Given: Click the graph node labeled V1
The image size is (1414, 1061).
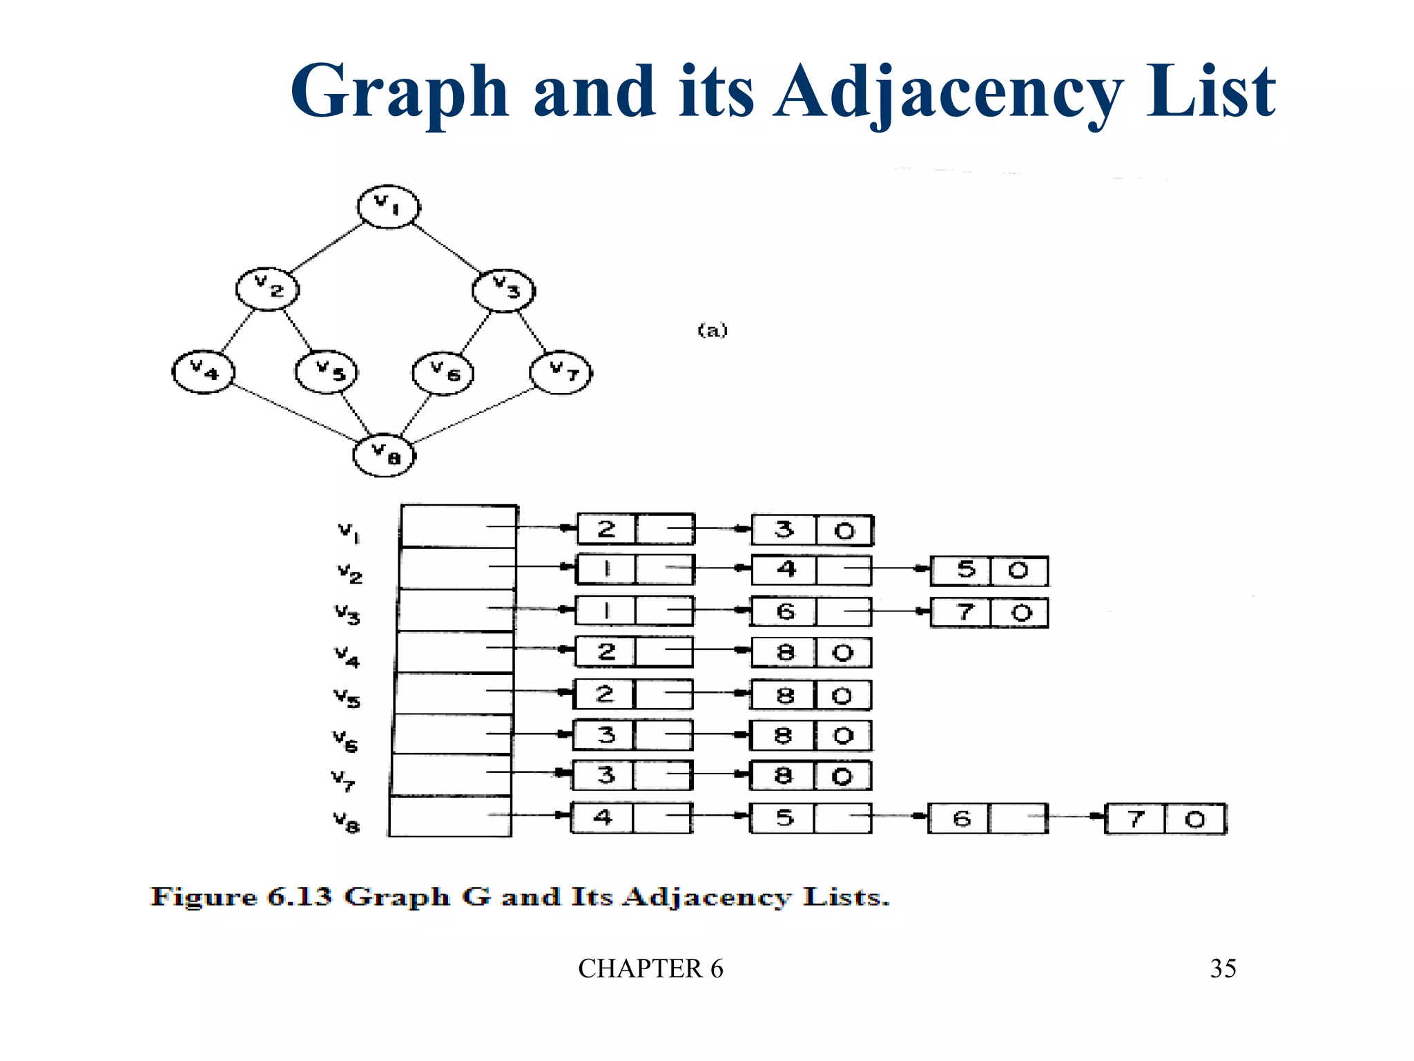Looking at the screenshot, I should (x=388, y=206).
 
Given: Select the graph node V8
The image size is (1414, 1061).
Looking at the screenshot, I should (x=385, y=455).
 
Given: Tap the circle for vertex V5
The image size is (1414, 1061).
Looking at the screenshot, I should (x=326, y=372).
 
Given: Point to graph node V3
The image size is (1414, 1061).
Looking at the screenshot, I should (x=504, y=290).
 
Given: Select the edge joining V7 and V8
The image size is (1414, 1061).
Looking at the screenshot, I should (x=473, y=416).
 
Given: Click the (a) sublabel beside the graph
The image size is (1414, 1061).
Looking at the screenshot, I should (x=713, y=330).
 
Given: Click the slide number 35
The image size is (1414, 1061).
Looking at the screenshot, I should (x=1223, y=968).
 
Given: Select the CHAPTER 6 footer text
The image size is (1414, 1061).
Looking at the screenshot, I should (x=650, y=968).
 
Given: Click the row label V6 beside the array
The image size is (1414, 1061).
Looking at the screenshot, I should (x=345, y=740).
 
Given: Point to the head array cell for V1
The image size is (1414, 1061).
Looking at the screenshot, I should (x=458, y=526).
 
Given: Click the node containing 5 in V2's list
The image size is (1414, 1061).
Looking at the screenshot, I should (x=989, y=571).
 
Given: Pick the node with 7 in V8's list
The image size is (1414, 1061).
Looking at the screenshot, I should (x=1165, y=819).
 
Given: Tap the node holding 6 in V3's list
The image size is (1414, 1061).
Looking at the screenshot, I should (x=811, y=611).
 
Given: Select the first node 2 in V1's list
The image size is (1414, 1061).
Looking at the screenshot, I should (x=636, y=529).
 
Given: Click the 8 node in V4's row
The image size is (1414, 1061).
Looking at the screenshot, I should (x=811, y=653).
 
